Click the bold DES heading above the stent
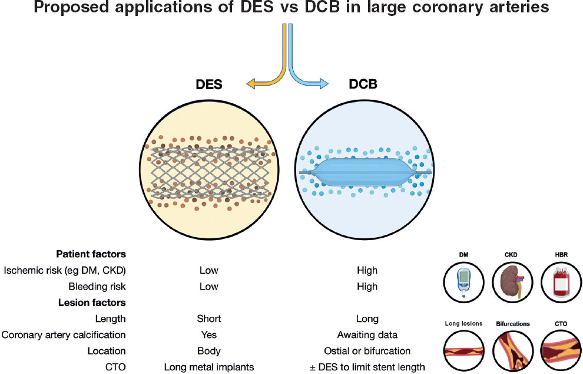coord(208,85)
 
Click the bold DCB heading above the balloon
coord(363,85)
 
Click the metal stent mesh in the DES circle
coord(208,172)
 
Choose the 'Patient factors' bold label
coord(91,255)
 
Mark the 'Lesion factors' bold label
coord(92,303)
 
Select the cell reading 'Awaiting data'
coord(366,335)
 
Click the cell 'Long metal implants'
coord(208,367)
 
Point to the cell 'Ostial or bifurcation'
coord(366,351)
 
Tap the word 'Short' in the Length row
coord(208,319)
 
